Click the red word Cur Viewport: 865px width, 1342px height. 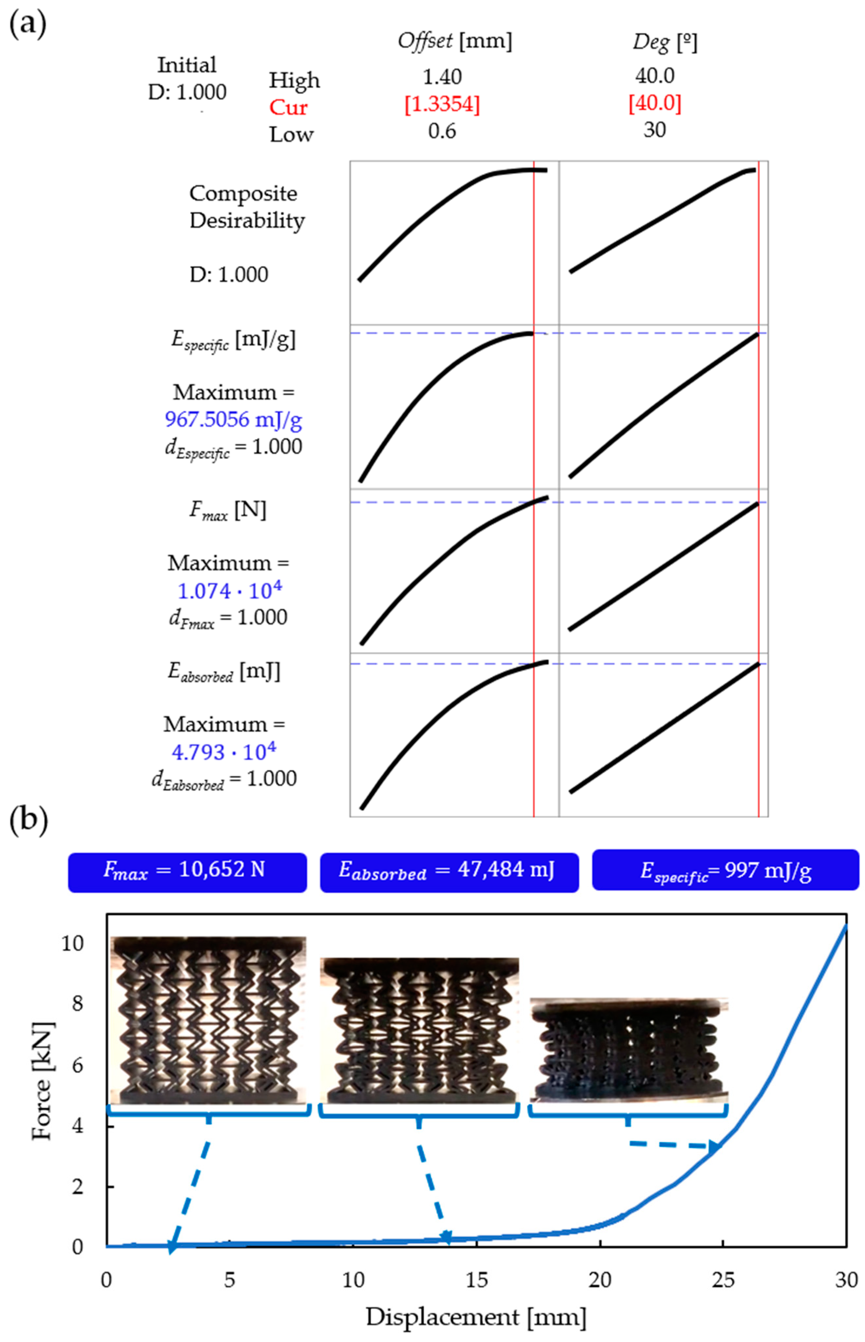point(288,107)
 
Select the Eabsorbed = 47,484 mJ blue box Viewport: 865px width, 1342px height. point(449,871)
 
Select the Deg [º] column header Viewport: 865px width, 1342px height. point(664,42)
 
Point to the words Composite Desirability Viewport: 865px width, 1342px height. point(247,207)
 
